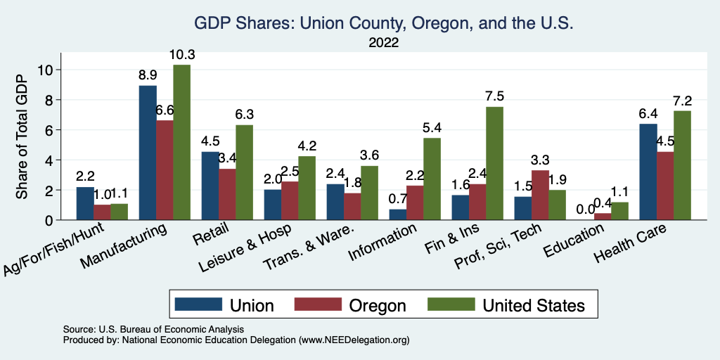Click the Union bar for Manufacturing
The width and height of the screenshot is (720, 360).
148,153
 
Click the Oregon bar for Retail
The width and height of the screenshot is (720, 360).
227,194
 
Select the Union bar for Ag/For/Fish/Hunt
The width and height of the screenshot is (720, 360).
84,203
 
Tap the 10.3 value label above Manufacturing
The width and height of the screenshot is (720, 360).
181,54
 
